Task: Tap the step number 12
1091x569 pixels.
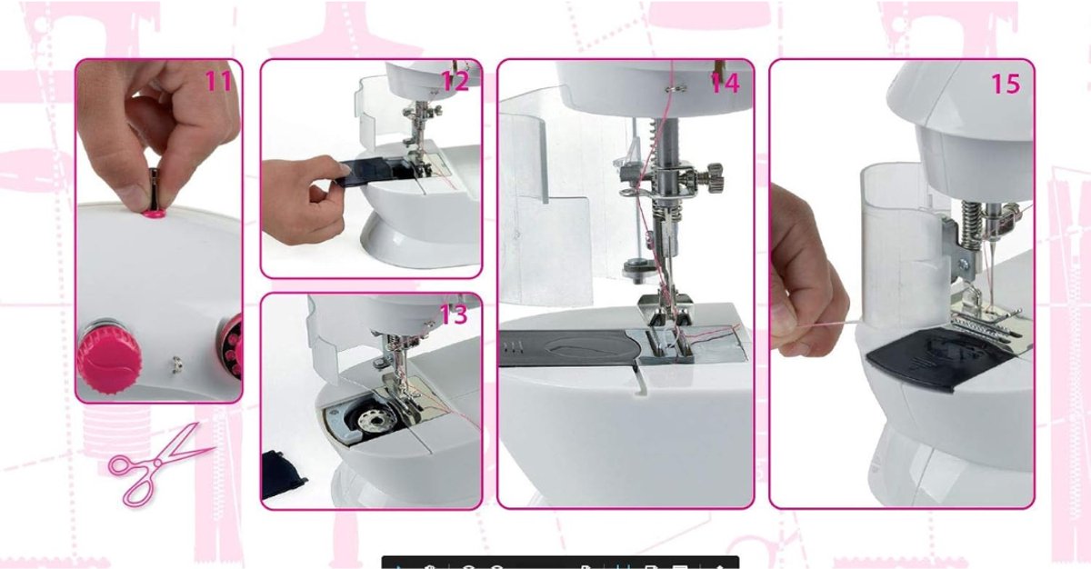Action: [455, 81]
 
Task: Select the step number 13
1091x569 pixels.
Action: [454, 314]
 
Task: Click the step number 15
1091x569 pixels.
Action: [1006, 84]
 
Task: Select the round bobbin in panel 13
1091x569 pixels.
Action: [373, 420]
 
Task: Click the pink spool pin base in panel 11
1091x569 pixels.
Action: [154, 214]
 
